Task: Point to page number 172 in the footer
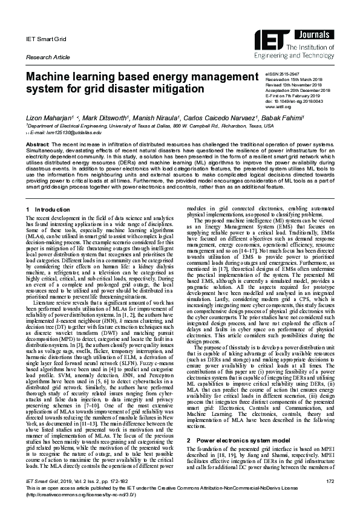(330, 480)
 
